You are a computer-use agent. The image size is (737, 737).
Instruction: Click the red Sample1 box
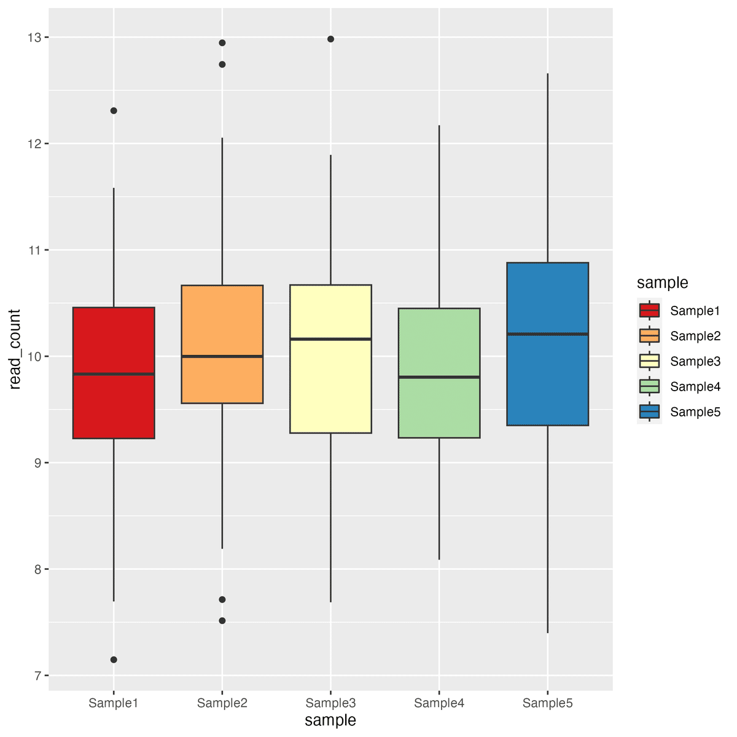pos(114,405)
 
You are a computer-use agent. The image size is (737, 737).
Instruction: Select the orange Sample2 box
pos(222,381)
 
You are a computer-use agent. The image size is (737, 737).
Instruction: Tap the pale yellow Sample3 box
pos(330,387)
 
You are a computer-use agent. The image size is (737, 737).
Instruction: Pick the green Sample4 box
pos(439,405)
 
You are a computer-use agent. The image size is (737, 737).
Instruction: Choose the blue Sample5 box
pos(548,381)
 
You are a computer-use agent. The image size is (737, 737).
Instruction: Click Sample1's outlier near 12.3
pos(114,111)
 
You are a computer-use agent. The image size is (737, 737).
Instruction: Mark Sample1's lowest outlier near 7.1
pos(114,660)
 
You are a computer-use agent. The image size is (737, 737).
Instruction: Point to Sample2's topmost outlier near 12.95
pos(222,43)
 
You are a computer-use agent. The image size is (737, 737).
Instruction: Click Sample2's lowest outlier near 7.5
pos(222,621)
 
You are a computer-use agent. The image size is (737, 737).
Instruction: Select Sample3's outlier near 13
pos(330,39)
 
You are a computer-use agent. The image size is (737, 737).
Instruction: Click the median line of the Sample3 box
pos(330,339)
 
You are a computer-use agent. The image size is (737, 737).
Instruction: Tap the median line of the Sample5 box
pos(548,334)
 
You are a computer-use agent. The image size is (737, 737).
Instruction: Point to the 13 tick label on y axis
pos(34,37)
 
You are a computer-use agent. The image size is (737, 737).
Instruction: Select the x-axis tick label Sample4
pos(439,703)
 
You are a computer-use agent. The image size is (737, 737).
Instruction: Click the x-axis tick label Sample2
pos(222,703)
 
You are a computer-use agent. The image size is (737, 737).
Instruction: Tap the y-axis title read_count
pos(15,349)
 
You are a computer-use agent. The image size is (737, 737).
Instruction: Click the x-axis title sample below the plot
pos(330,720)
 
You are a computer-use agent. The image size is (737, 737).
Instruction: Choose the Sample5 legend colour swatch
pos(649,411)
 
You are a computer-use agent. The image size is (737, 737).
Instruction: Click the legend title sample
pos(662,283)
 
